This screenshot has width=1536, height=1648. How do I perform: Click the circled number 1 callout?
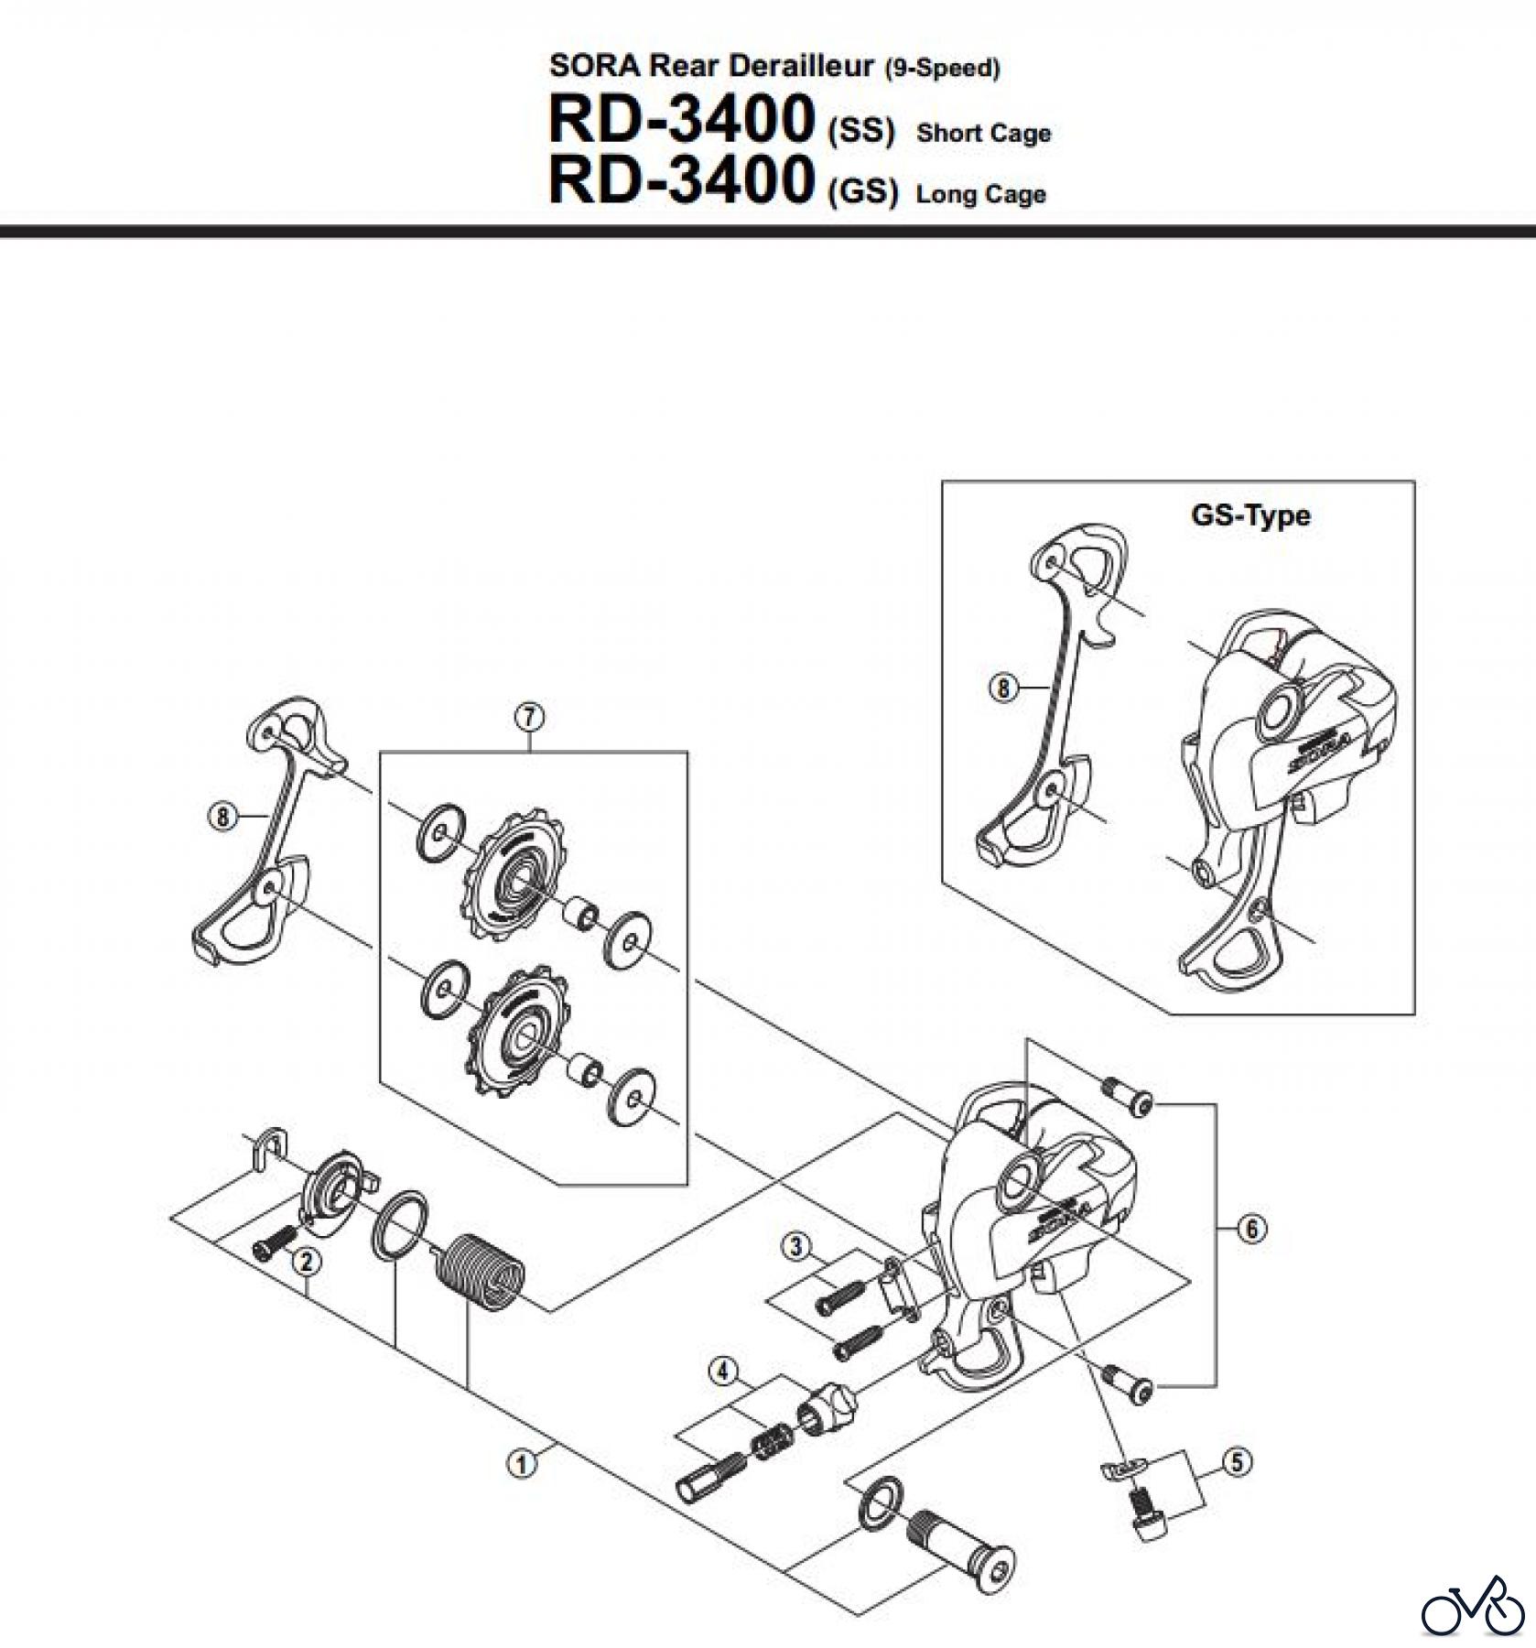coord(521,1463)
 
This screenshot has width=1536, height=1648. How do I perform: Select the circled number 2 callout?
coord(306,1262)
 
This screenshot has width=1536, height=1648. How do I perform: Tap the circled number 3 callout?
coord(795,1245)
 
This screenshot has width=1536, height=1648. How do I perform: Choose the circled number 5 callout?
coord(1237,1462)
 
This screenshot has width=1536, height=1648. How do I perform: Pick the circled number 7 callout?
coord(529,717)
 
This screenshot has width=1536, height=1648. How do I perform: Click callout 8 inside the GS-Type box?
coord(1002,688)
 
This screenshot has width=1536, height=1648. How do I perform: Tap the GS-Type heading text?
coord(1249,515)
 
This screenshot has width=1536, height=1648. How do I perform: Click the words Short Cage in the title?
coord(983,134)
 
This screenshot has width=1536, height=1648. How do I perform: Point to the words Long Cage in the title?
coord(979,194)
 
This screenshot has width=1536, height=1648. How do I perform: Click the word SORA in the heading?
coord(596,66)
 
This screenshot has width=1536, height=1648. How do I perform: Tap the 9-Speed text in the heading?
coord(942,68)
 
